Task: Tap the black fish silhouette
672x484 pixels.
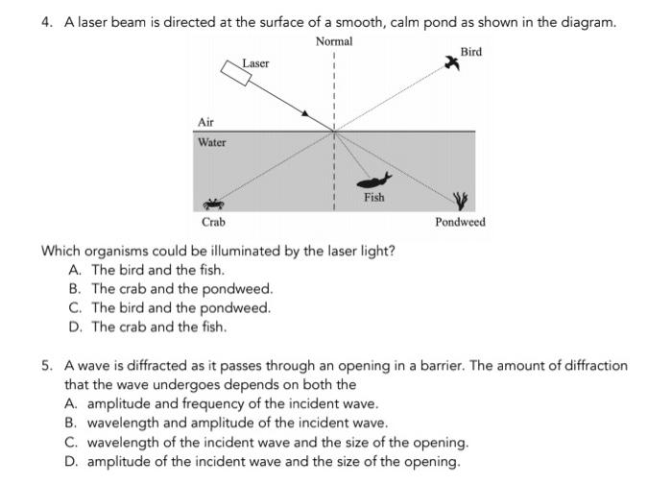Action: (372, 180)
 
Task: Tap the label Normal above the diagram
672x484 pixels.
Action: (333, 41)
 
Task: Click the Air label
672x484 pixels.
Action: (205, 122)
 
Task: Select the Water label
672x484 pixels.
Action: (211, 142)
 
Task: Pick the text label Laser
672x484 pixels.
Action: (256, 63)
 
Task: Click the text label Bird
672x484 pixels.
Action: (471, 51)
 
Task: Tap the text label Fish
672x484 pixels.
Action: (373, 198)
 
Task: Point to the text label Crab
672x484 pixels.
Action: (213, 222)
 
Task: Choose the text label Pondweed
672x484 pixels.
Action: (460, 222)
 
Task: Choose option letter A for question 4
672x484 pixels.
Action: (74, 270)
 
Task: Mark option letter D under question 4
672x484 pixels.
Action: (74, 327)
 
